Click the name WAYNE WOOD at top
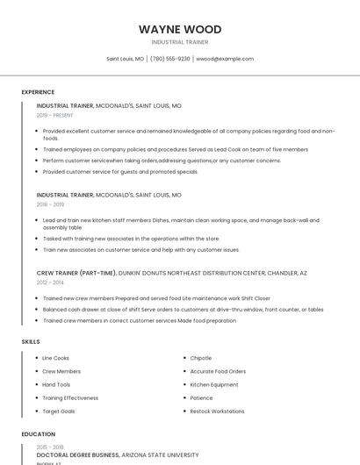click(x=180, y=29)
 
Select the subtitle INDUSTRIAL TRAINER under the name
click(x=180, y=41)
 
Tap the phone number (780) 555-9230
click(x=170, y=59)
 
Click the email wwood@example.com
click(x=225, y=59)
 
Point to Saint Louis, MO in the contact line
click(x=126, y=59)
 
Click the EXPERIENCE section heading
click(x=38, y=92)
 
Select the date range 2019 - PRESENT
click(x=55, y=115)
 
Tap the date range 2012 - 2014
click(x=50, y=283)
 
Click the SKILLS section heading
click(x=31, y=341)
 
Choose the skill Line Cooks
click(x=56, y=358)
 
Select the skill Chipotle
click(x=201, y=358)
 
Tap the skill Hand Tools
click(x=56, y=384)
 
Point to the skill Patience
click(x=201, y=397)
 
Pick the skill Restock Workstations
click(x=217, y=411)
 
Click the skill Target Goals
click(x=59, y=411)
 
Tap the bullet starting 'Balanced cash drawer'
click(x=183, y=309)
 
